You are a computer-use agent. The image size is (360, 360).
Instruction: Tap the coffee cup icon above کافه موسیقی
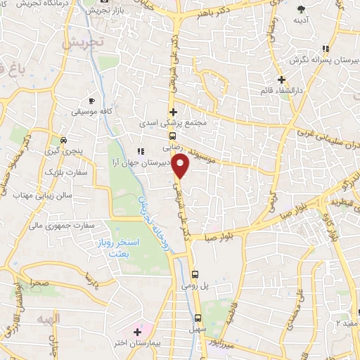tap(91, 101)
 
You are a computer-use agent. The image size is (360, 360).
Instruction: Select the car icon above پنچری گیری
tap(64, 139)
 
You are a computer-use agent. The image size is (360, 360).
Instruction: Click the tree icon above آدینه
tap(301, 9)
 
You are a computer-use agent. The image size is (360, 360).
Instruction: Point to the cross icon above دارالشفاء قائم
tap(282, 79)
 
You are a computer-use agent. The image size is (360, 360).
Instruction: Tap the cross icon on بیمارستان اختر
tap(137, 330)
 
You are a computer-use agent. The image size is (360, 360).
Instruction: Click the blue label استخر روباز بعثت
tap(119, 247)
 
